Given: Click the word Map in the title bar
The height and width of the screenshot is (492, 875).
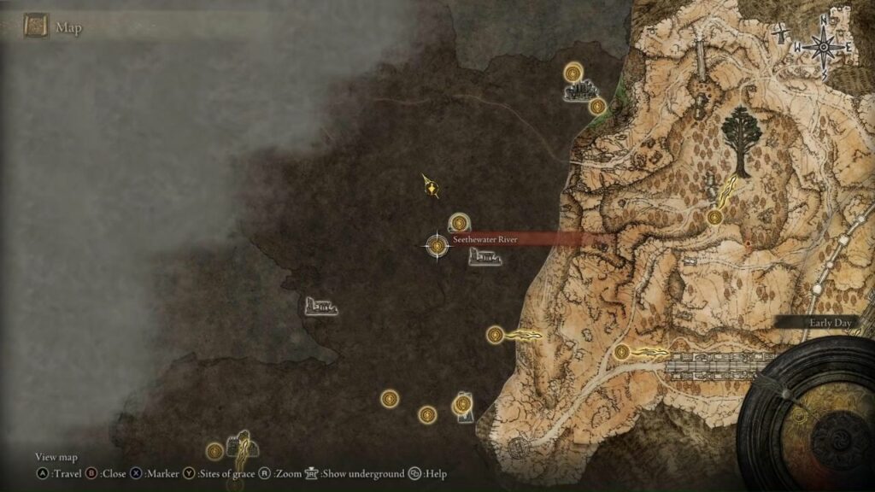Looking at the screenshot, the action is (68, 27).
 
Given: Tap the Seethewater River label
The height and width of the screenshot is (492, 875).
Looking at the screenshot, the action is (484, 240).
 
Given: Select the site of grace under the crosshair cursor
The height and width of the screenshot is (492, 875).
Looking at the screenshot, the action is (437, 246).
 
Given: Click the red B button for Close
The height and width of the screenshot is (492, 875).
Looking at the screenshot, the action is (91, 473).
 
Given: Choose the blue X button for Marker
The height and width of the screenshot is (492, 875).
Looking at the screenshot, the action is (136, 473).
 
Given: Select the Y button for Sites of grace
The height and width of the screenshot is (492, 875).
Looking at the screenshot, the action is (189, 473).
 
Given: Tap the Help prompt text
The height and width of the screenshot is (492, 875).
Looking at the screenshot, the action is (435, 473).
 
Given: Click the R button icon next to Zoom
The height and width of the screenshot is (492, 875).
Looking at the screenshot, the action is (265, 473).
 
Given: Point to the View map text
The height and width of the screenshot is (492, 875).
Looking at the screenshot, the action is (56, 457).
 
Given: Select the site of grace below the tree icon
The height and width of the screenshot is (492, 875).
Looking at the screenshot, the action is (715, 218).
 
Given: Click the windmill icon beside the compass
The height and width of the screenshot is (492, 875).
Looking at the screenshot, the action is (783, 35).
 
